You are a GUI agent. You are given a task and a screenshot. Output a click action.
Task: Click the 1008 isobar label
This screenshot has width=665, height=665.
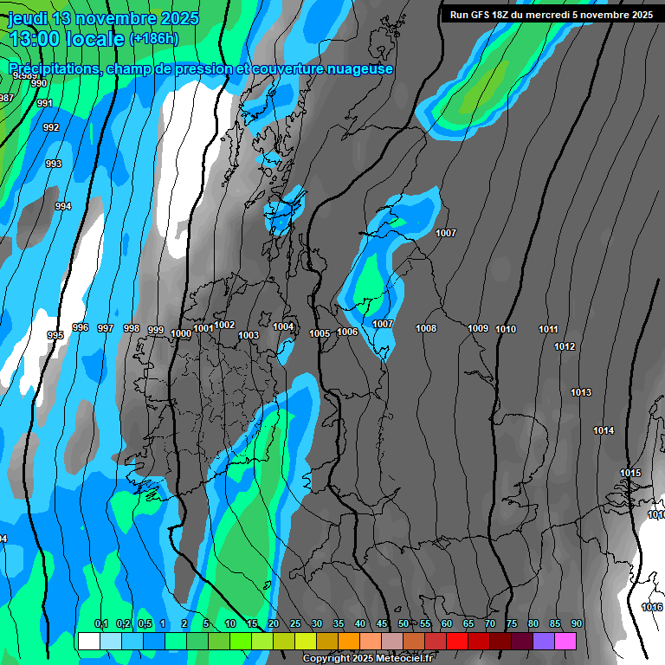(x=426, y=328)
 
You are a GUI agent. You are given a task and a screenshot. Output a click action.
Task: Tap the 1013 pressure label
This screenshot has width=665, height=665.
(x=581, y=393)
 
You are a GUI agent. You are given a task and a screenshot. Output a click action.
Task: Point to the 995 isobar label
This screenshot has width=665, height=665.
(x=55, y=335)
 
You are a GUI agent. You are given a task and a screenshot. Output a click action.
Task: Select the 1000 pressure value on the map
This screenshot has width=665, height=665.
(x=181, y=334)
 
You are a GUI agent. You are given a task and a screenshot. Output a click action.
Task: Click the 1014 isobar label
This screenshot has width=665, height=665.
(x=604, y=430)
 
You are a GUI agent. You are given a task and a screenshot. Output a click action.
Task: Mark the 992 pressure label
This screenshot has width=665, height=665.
(x=51, y=127)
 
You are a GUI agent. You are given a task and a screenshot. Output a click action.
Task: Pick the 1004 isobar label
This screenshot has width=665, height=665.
(x=283, y=326)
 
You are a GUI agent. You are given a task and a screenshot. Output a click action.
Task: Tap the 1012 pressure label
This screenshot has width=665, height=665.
(x=565, y=346)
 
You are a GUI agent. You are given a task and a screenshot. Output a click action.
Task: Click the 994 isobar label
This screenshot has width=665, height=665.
(x=63, y=206)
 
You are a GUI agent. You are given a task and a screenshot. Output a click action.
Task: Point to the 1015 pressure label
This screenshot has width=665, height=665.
(x=630, y=473)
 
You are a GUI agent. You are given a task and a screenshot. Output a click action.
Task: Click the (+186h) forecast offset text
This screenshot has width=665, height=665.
(x=153, y=39)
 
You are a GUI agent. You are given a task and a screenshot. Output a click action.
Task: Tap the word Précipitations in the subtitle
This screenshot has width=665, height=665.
(x=53, y=68)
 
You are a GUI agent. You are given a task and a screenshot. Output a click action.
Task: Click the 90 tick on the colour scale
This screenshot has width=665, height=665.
(x=577, y=623)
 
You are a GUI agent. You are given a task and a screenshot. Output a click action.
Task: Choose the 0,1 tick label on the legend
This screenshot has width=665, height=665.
(x=101, y=623)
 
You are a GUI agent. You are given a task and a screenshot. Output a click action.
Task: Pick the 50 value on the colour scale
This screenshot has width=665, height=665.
(x=404, y=623)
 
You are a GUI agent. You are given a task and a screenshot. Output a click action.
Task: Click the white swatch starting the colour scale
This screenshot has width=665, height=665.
(x=88, y=641)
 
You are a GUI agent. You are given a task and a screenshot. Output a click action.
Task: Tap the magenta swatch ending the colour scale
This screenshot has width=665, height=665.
(x=565, y=641)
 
